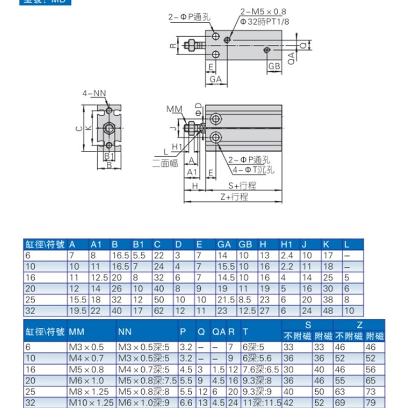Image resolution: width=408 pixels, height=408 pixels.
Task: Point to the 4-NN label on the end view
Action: (94, 93)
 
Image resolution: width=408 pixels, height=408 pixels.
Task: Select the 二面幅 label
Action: (165, 163)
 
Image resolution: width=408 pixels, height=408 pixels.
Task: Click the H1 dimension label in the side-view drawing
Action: (177, 147)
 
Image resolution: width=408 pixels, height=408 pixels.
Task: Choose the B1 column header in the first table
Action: (139, 245)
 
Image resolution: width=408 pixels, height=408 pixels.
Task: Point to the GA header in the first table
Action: (224, 245)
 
